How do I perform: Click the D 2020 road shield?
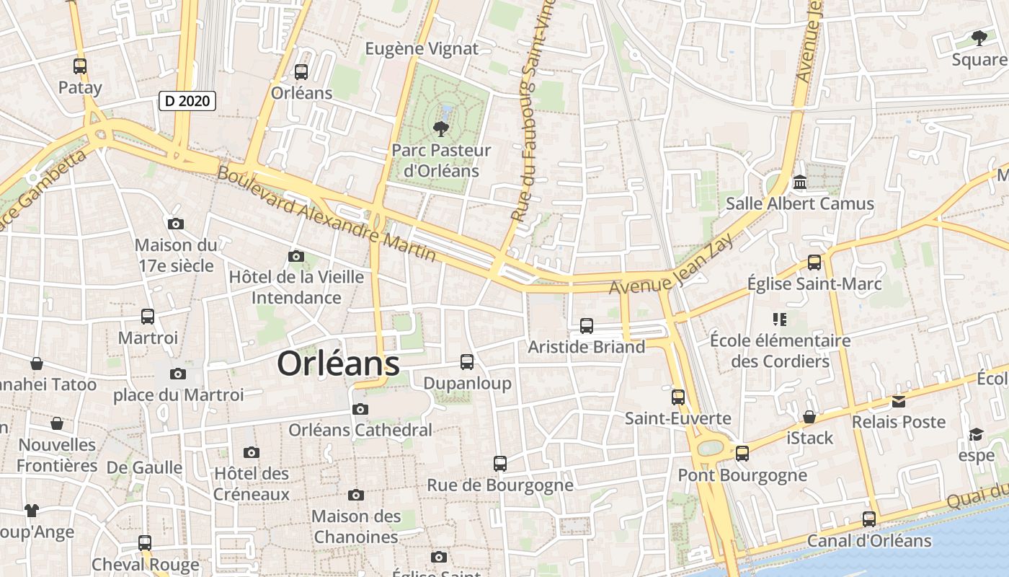(187, 101)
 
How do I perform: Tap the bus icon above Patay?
(80, 66)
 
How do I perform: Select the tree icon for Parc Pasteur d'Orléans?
(440, 129)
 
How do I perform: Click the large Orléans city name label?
(338, 364)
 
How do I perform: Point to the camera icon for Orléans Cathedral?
(360, 409)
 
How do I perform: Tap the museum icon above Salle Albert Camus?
(800, 182)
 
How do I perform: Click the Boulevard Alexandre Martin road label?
(326, 214)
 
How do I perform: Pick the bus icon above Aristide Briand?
(587, 326)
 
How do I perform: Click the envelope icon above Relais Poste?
(899, 401)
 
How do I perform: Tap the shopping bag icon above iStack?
(809, 417)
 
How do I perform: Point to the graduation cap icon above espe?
(977, 434)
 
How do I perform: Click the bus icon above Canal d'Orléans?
(869, 519)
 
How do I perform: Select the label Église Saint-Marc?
(814, 284)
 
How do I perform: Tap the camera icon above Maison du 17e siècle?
(175, 224)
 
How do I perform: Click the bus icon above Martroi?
(148, 317)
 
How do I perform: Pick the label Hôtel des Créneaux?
(252, 484)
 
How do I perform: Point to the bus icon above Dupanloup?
(467, 362)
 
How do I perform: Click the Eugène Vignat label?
(422, 49)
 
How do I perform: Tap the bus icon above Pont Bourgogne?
(742, 454)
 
